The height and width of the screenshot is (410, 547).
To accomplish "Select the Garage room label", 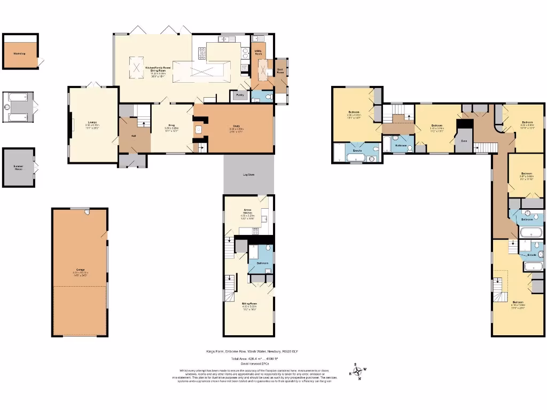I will (80, 270).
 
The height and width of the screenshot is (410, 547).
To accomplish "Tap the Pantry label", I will (237, 94).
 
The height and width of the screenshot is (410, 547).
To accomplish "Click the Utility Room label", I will (258, 52).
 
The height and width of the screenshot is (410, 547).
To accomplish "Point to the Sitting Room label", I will (249, 303).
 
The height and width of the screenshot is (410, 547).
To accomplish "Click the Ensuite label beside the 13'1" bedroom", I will (358, 151).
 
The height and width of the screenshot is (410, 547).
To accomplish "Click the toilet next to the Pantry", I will (268, 97).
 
